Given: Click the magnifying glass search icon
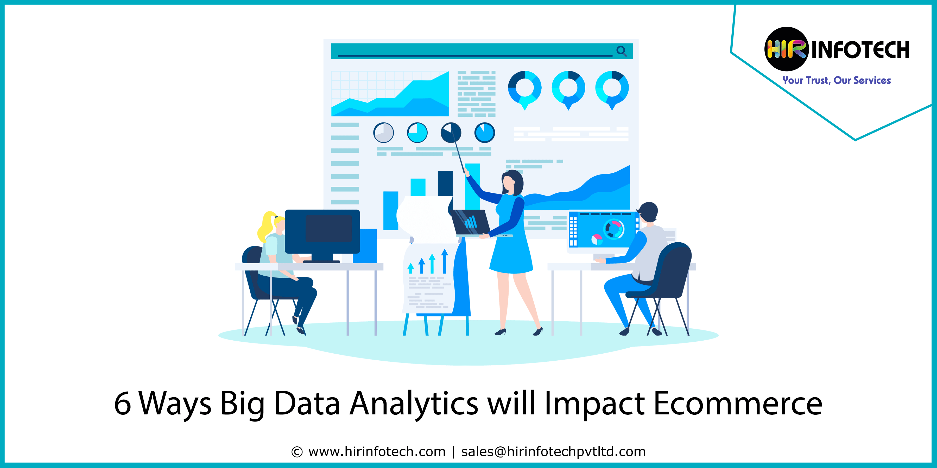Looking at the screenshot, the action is tap(622, 51).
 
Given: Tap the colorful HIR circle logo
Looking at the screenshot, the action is tap(786, 49).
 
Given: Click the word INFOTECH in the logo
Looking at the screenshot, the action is tap(860, 50).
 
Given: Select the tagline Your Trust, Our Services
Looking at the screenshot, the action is tap(837, 80).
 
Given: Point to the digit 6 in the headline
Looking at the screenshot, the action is tap(122, 403).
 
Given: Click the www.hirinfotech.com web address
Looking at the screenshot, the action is tap(377, 452).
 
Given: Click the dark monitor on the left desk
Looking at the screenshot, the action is tap(322, 232).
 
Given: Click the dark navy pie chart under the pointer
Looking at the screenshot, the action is tap(451, 132).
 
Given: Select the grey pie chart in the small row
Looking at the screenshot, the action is tap(383, 132).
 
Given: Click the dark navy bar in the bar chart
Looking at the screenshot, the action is tap(445, 184).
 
